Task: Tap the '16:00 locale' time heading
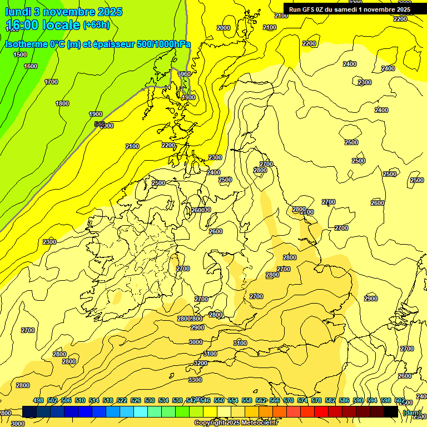tap(42, 24)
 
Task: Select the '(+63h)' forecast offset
tap(96, 24)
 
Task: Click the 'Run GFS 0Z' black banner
tap(350, 9)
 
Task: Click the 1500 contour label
tap(20, 54)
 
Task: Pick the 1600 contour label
tap(31, 66)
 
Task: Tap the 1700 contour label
tap(51, 82)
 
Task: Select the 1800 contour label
tap(62, 103)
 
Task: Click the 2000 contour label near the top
tap(223, 28)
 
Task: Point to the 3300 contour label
tap(195, 380)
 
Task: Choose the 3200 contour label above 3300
tap(200, 363)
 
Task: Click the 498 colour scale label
tap(38, 400)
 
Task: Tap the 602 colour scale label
tap(399, 400)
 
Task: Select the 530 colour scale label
tap(150, 400)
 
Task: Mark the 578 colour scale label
tap(316, 400)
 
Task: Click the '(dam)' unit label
tap(411, 412)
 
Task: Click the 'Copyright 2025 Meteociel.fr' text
tap(236, 423)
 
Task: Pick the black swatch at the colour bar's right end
tap(391, 411)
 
